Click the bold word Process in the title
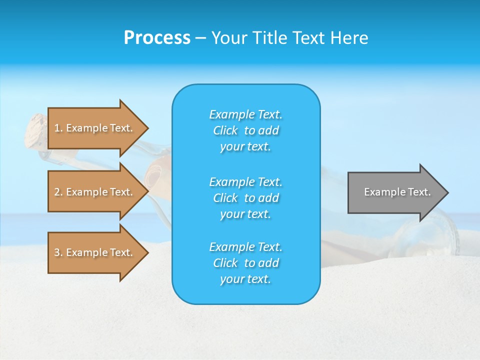click(157, 38)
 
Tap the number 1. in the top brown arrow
click(58, 128)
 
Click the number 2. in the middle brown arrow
click(58, 192)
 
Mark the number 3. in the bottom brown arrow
click(58, 252)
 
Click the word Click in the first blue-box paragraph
click(225, 130)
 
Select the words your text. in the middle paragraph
click(245, 214)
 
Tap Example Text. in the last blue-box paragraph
click(245, 247)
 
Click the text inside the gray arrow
click(397, 192)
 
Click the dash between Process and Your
click(200, 38)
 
